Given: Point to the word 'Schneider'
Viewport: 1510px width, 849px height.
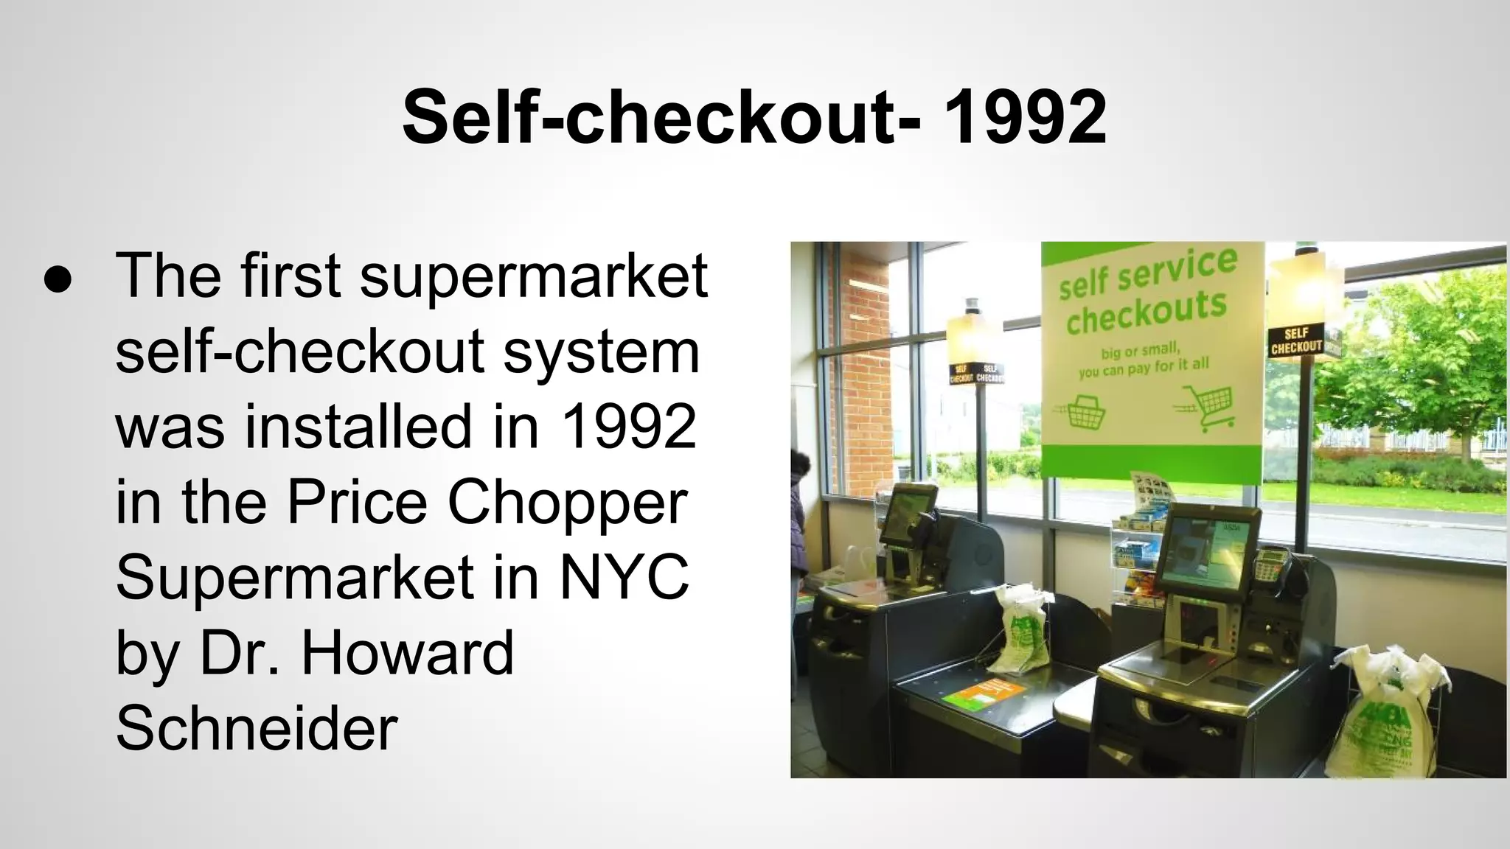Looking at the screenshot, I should tap(257, 728).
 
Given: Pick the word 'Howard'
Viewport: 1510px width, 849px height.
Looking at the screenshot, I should tap(407, 653).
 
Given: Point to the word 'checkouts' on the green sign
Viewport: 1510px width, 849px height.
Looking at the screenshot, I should tap(1146, 312).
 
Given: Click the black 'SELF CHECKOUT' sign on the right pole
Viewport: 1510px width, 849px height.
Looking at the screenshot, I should tap(1296, 342).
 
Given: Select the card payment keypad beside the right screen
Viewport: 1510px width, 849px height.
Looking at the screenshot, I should tap(1272, 564).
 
